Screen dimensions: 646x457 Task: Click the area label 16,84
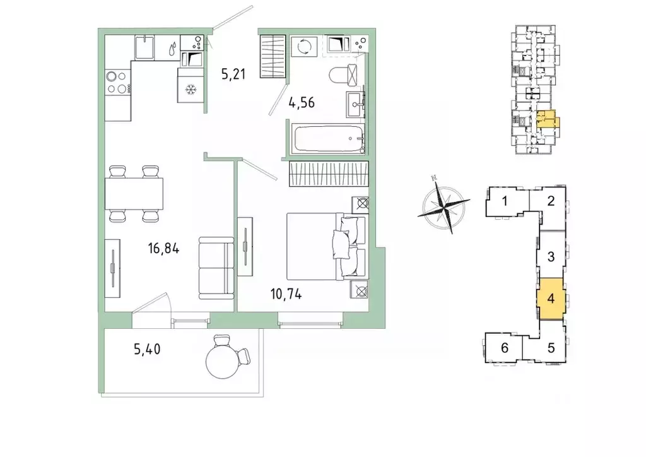tap(163, 249)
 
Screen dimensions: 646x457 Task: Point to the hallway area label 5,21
tap(233, 74)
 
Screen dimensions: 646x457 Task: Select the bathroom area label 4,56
tap(302, 102)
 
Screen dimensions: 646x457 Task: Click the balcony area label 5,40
tap(147, 350)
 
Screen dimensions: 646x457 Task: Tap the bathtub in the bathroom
tap(327, 139)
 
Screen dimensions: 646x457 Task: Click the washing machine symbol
tap(304, 46)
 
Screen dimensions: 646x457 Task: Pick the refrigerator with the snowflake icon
tap(191, 85)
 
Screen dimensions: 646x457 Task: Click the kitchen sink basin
tap(144, 48)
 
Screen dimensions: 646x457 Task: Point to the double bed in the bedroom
tap(326, 246)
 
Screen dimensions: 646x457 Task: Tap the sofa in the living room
tap(216, 268)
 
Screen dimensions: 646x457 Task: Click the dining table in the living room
tap(134, 194)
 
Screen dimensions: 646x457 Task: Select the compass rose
tap(443, 205)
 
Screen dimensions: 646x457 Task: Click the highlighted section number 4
tap(551, 298)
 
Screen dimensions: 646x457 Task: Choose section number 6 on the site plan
tap(505, 348)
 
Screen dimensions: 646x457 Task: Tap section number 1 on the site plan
tap(505, 201)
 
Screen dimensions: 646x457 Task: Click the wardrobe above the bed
tap(328, 174)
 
